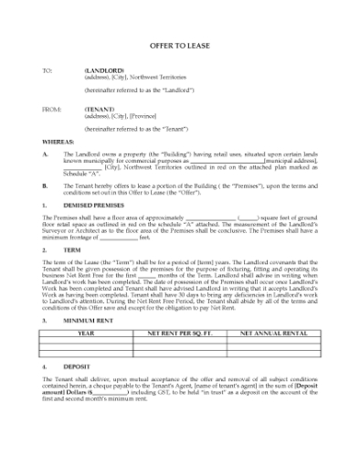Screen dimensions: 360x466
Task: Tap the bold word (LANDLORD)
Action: click(102, 69)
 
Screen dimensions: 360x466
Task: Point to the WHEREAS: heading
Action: click(58, 143)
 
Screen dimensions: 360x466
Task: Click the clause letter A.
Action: click(45, 154)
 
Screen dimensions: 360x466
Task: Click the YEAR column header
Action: click(86, 334)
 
